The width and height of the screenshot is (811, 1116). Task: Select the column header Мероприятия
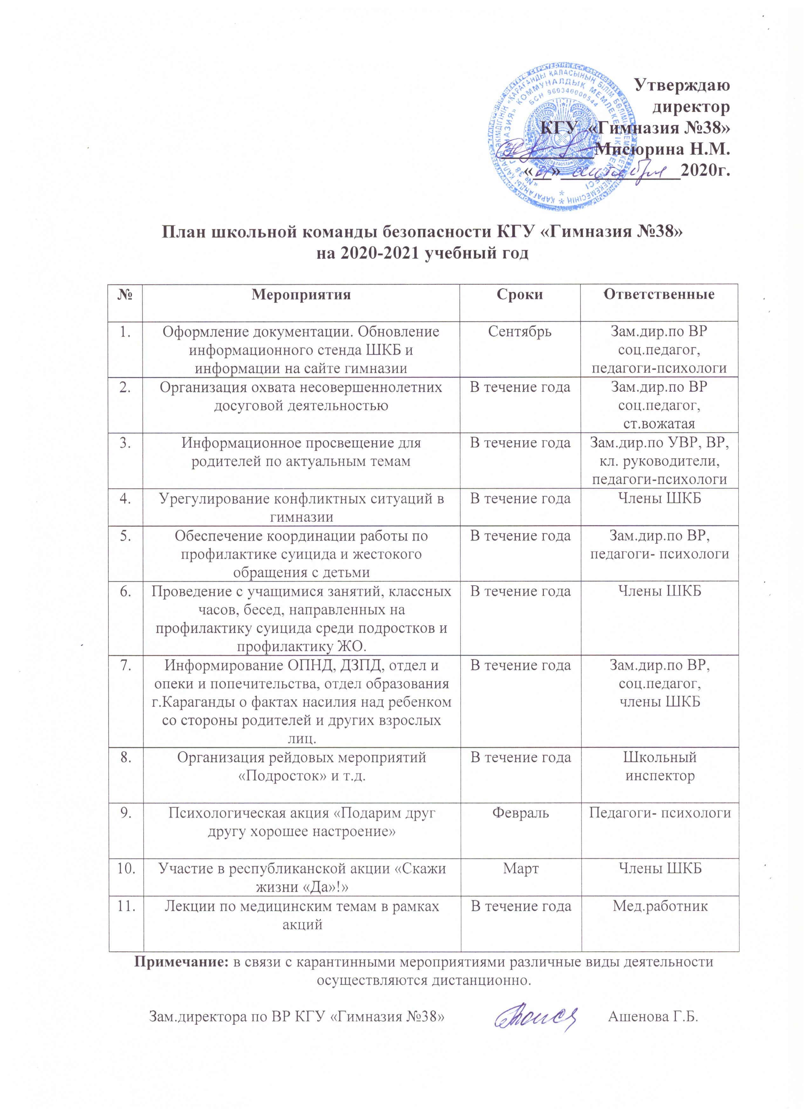(301, 295)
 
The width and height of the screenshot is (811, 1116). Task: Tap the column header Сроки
(520, 295)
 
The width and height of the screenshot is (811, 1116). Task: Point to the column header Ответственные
(659, 295)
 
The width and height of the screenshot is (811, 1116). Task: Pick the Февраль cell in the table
(520, 813)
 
